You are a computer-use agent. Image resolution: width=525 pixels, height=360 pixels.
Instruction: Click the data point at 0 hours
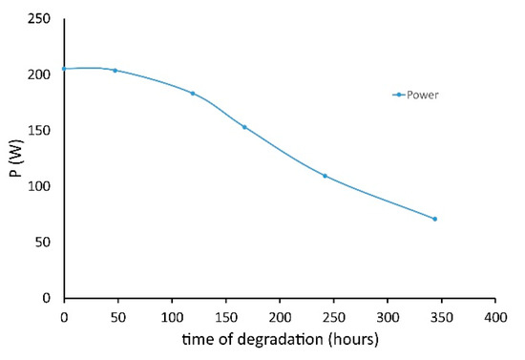pyautogui.click(x=64, y=69)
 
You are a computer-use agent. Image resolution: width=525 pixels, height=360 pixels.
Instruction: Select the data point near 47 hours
pyautogui.click(x=115, y=70)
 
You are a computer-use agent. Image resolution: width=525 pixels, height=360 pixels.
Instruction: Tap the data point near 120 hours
pyautogui.click(x=193, y=94)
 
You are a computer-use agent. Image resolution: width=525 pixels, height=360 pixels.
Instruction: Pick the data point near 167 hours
pyautogui.click(x=244, y=127)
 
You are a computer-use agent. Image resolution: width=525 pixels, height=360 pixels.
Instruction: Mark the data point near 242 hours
pyautogui.click(x=325, y=176)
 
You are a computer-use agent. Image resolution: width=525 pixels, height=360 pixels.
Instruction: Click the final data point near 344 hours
pyautogui.click(x=434, y=219)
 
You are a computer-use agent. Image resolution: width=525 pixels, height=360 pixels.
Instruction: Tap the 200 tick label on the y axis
pyautogui.click(x=41, y=74)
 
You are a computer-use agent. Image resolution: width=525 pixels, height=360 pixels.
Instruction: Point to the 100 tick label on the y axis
pyautogui.click(x=41, y=186)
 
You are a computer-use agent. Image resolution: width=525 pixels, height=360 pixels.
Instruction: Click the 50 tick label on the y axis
pyautogui.click(x=44, y=243)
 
